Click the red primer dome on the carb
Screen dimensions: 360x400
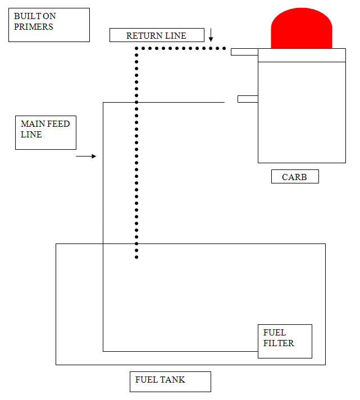tap(301, 28)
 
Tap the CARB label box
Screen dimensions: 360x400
tap(295, 177)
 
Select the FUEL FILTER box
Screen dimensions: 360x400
tap(285, 341)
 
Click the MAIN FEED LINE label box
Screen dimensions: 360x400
tap(45, 132)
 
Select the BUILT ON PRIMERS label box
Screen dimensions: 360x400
tap(49, 25)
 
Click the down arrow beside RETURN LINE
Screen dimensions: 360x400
tap(211, 35)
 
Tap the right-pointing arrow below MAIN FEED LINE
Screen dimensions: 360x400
tap(86, 156)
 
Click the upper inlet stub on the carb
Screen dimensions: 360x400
tap(244, 52)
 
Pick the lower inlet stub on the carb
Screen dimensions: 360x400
tap(248, 99)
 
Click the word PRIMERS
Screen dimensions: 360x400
tap(34, 27)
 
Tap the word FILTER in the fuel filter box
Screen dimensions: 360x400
tap(279, 343)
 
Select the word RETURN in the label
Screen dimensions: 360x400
tap(144, 36)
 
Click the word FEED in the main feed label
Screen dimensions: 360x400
tap(58, 124)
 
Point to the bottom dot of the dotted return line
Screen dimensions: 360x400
tap(136, 257)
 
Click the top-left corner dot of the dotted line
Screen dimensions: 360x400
tap(136, 48)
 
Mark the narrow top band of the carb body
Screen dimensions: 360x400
tap(302, 55)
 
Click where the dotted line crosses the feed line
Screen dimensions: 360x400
tap(136, 102)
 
